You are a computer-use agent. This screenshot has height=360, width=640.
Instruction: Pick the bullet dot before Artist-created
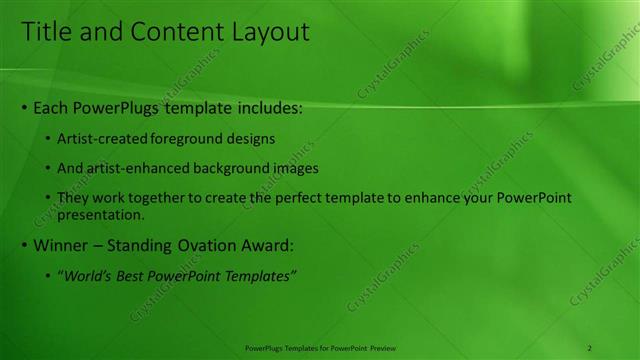[x=48, y=138]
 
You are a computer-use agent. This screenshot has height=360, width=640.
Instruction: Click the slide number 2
[x=590, y=348]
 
